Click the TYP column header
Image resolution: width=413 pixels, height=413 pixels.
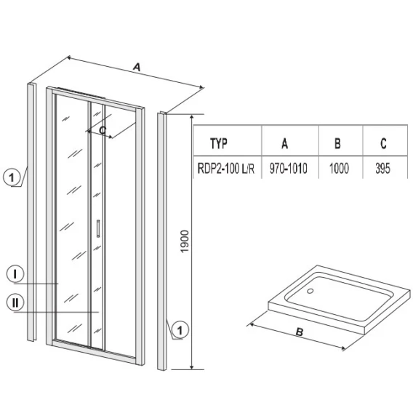coord(219,143)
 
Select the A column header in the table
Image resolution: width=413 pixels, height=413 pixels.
coord(285,143)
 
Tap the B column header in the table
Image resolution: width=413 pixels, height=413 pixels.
coord(337,143)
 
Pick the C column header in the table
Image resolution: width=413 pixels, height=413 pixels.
coord(383,143)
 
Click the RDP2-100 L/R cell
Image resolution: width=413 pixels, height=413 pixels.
coord(226,169)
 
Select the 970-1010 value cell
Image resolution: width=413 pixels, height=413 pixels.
coord(289,169)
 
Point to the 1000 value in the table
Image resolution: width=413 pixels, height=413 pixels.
coord(339,169)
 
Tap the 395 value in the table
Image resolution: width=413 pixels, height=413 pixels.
coord(382,169)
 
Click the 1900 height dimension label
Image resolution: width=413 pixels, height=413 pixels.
coord(185,241)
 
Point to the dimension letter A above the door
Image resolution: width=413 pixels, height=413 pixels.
coord(137,67)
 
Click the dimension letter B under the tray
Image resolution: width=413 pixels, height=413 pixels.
coord(300,332)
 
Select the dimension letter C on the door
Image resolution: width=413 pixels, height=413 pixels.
coord(103,130)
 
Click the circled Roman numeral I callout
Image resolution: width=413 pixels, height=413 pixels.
coord(15,274)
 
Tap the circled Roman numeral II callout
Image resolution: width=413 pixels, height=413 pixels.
coord(15,302)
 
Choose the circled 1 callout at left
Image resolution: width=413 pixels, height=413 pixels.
coord(12,177)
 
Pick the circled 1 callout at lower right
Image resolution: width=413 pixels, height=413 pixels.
coord(180,330)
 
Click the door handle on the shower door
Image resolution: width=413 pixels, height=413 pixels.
coord(98,228)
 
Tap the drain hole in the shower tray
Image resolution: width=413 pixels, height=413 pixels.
coord(310,291)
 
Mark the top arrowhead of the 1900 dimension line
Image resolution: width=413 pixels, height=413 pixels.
coord(192,116)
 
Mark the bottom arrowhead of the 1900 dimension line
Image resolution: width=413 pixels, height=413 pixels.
coord(192,367)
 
